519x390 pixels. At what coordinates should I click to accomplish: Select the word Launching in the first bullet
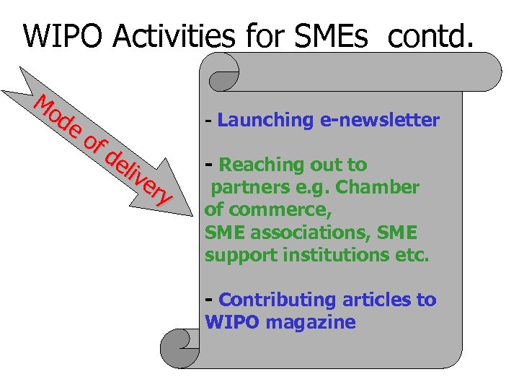coord(265,120)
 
